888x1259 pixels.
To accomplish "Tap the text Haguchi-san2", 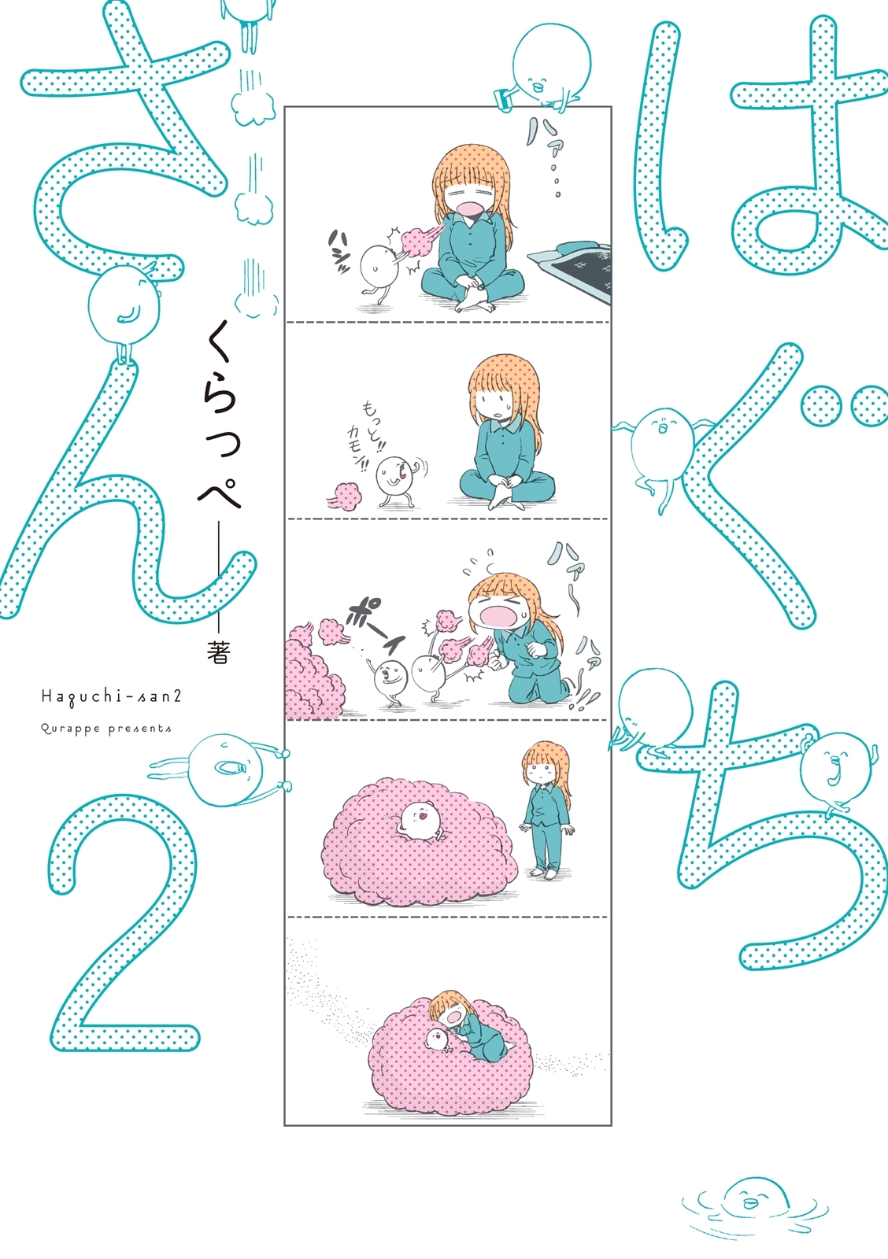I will (x=112, y=696).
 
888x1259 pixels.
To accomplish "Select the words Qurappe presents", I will (x=106, y=729).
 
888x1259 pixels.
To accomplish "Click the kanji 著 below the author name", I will (x=217, y=653).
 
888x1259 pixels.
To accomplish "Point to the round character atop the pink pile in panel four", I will (x=420, y=820).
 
